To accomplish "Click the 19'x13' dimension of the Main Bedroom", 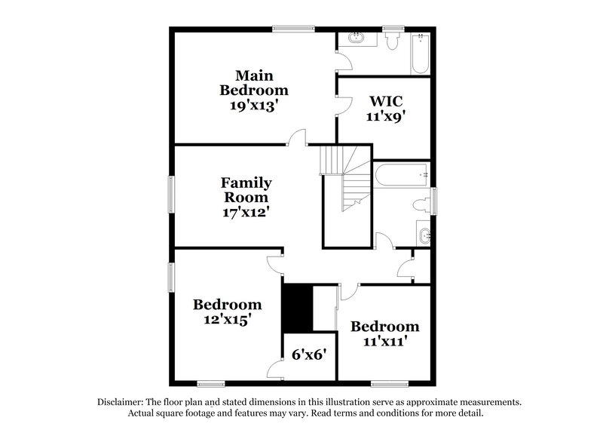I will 253,106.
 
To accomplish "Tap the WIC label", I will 384,100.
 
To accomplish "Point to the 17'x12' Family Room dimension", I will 246,212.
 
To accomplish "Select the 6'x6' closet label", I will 309,354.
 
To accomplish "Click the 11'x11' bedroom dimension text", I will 384,341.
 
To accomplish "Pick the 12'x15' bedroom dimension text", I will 227,319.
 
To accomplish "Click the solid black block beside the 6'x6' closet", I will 298,307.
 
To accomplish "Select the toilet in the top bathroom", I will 391,42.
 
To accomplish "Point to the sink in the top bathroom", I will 354,38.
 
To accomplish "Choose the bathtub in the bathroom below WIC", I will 401,175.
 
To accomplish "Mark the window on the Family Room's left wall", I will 170,195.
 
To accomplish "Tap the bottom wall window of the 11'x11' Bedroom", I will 390,382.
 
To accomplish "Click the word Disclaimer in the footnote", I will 121,402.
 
